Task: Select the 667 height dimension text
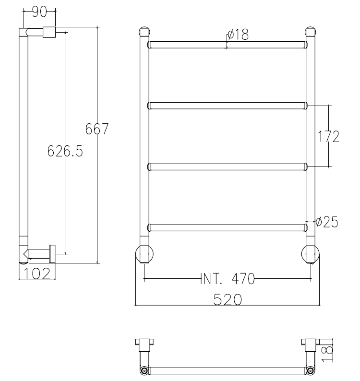pos(97,129)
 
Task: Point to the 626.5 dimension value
pos(65,152)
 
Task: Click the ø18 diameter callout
pos(238,35)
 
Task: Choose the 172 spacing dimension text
pos(329,136)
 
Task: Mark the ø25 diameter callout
pos(327,222)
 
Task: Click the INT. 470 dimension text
pos(227,278)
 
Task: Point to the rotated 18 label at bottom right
pos(328,353)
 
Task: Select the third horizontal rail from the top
pos(227,167)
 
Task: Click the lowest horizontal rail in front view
pos(227,227)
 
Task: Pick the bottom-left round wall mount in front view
pos(144,254)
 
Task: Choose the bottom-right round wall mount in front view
pos(311,254)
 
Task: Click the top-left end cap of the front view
pos(144,32)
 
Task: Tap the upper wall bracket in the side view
pos(49,32)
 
